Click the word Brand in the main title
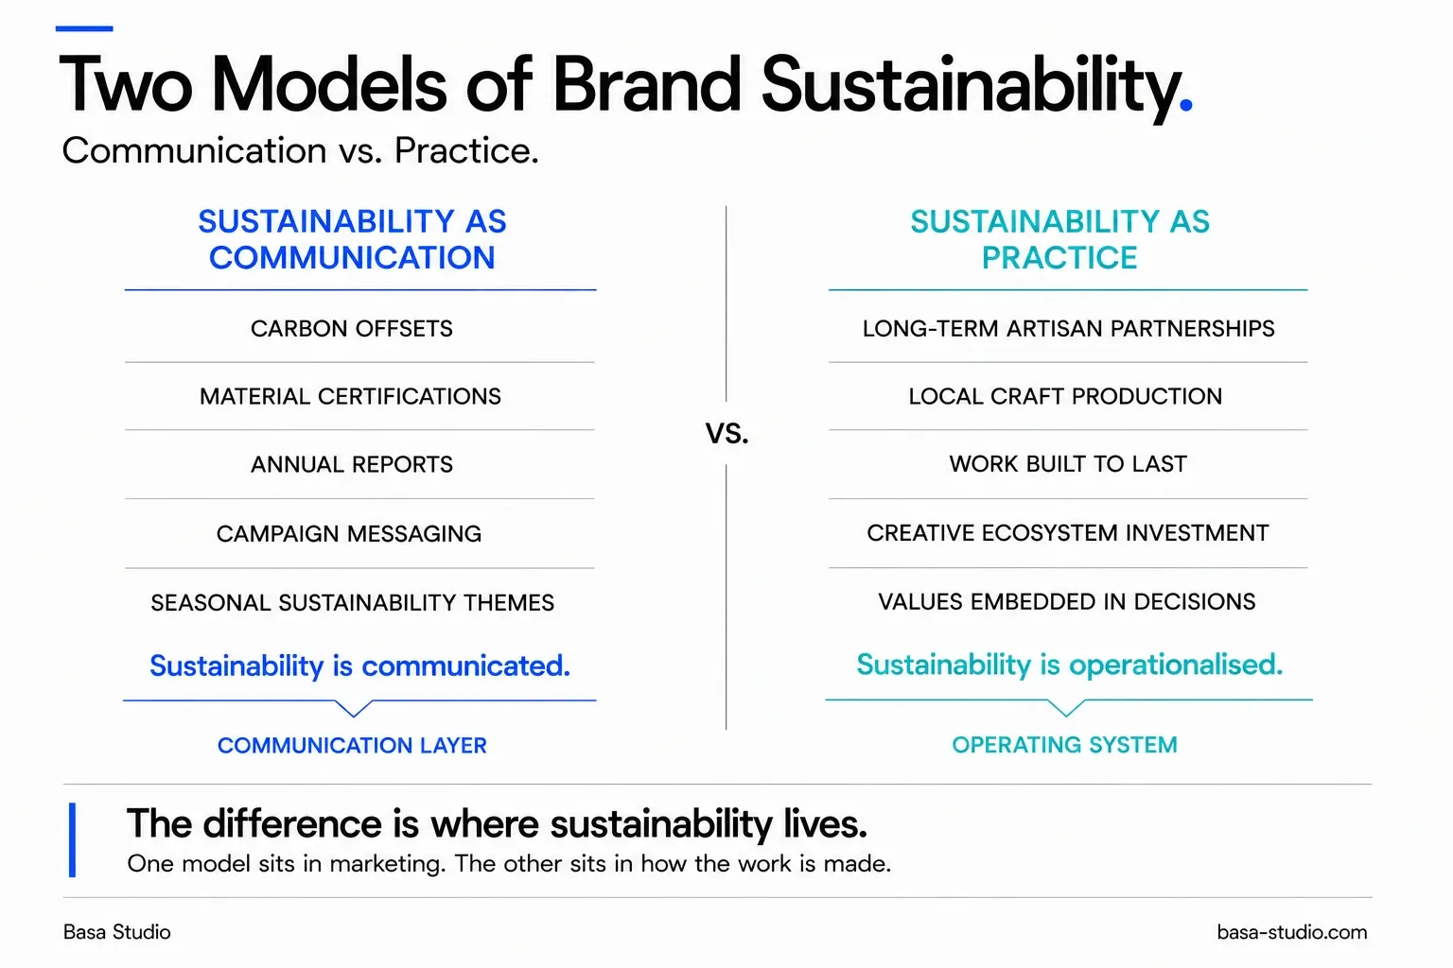tap(646, 84)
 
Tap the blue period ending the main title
tap(1185, 105)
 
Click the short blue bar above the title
tap(84, 28)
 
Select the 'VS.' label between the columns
tap(727, 433)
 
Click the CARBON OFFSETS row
tap(352, 329)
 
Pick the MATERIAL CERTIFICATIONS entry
tap(350, 396)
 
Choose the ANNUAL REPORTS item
tap(352, 464)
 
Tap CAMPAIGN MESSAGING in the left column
tap(349, 533)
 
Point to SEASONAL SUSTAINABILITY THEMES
tap(352, 603)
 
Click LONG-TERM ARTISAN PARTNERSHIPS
tap(1068, 329)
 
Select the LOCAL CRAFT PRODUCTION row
tap(1065, 396)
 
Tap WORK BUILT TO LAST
tap(1068, 464)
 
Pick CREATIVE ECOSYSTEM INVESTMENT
tap(1068, 533)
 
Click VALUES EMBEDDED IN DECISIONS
tap(1067, 601)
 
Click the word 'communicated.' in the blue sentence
tap(465, 665)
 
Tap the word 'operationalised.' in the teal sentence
tap(1176, 665)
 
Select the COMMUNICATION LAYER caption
tap(352, 746)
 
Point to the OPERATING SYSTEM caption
tap(1064, 745)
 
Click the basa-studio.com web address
tap(1292, 932)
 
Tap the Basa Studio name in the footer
tap(116, 932)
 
